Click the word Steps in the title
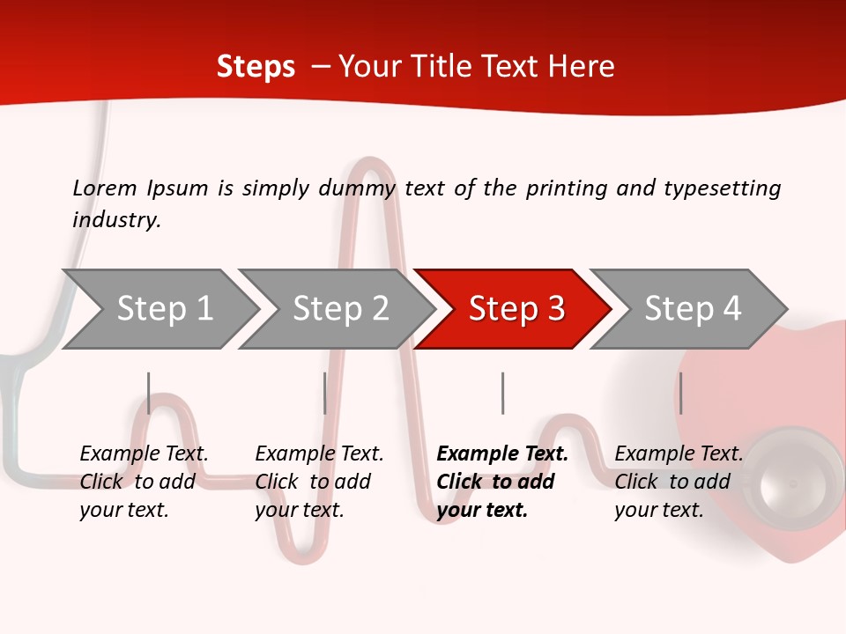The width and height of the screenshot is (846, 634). pos(256,67)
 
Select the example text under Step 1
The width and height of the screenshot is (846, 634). pos(144,482)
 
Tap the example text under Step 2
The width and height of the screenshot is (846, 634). pos(319,482)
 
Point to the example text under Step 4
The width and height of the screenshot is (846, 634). pos(679,482)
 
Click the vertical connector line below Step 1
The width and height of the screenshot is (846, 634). pos(149,393)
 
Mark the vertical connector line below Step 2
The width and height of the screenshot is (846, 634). pos(325,393)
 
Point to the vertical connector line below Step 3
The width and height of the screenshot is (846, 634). pos(502,393)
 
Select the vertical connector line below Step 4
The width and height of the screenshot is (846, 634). pos(680,393)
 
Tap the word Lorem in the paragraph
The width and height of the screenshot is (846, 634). pos(105,188)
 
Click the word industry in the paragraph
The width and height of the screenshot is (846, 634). pos(115,220)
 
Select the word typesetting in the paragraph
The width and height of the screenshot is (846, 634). pos(722,188)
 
